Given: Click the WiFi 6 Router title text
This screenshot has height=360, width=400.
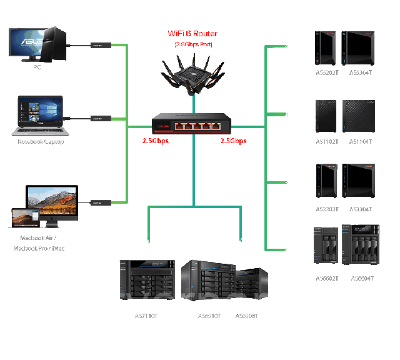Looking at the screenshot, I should pyautogui.click(x=192, y=34).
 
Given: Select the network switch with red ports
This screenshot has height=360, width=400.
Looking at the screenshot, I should pyautogui.click(x=194, y=123).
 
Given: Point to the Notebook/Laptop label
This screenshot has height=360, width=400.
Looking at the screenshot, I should pyautogui.click(x=41, y=142).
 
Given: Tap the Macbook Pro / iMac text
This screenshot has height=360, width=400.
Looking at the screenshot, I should pyautogui.click(x=39, y=248).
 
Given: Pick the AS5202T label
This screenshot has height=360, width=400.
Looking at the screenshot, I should pyautogui.click(x=327, y=73).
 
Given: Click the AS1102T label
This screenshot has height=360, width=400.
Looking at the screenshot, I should pyautogui.click(x=327, y=142).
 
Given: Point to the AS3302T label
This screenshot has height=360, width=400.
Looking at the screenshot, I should pyautogui.click(x=327, y=209).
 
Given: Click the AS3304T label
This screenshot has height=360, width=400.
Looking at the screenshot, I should pyautogui.click(x=361, y=209).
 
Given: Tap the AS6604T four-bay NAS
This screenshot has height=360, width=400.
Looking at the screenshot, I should pyautogui.click(x=364, y=247).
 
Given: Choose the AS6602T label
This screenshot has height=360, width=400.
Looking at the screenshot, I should pyautogui.click(x=327, y=278).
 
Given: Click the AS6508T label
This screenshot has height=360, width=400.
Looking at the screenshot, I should pyautogui.click(x=246, y=316).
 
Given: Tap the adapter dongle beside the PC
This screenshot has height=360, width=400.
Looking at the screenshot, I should pyautogui.click(x=97, y=46).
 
